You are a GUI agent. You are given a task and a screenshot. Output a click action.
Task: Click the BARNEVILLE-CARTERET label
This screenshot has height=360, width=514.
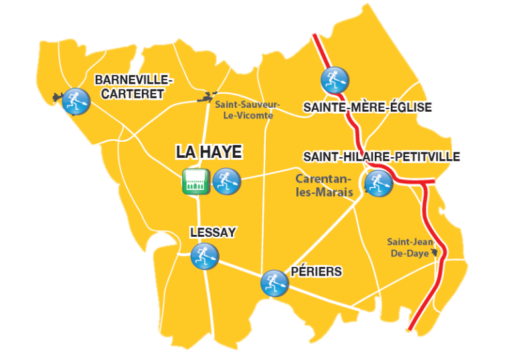[x=134, y=87]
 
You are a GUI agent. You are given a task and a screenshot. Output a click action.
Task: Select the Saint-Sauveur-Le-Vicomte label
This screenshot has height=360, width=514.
[x=248, y=110]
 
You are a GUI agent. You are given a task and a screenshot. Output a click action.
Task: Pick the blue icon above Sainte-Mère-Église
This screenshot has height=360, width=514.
[x=334, y=80]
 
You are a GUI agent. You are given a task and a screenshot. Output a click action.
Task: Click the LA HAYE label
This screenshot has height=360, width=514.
[x=208, y=153]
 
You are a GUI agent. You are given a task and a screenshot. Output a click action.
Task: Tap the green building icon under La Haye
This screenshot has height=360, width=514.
[x=196, y=181]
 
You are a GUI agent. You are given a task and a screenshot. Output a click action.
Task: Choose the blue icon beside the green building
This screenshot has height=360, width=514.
[x=226, y=181]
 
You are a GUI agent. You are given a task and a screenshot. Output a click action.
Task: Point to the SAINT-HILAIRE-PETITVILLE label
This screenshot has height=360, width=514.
[x=382, y=157]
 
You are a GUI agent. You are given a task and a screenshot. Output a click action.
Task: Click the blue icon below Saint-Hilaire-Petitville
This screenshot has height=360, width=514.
[x=378, y=183]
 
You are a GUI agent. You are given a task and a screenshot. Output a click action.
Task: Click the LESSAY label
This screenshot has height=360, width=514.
[x=213, y=233]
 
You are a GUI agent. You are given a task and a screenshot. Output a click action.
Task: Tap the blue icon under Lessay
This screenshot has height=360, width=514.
[x=205, y=256]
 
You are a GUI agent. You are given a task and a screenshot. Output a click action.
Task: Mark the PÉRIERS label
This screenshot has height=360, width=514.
[x=317, y=272]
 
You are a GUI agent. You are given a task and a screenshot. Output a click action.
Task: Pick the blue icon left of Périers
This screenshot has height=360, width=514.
[x=274, y=282]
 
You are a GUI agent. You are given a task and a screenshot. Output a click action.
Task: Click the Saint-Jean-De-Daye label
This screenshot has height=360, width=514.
[x=408, y=248]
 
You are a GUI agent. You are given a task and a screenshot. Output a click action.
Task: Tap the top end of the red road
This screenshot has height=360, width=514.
[x=314, y=35]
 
